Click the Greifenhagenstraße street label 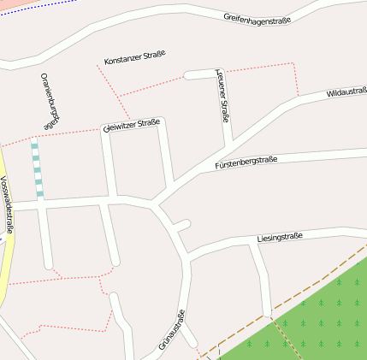(257, 17)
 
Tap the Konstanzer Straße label (134, 58)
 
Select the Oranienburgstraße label (50, 101)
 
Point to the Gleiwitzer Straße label (131, 126)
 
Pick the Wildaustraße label (346, 92)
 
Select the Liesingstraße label (280, 237)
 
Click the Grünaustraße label (172, 332)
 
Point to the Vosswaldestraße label (8, 204)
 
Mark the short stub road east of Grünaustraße (181, 225)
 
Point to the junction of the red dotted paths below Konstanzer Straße (118, 96)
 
